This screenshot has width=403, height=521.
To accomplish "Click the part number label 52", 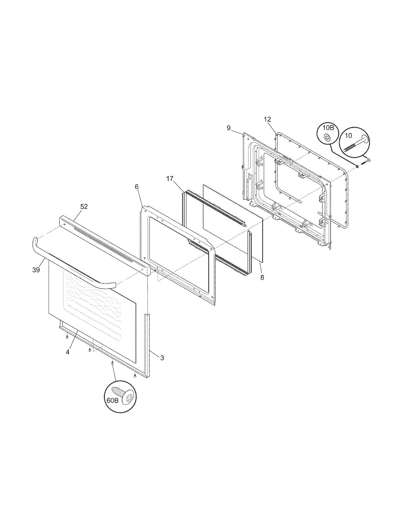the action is [x=84, y=206].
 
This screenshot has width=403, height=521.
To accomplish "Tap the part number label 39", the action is [x=36, y=270].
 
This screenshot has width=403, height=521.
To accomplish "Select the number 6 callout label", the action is [x=137, y=187].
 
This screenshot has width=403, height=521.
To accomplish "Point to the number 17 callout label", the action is [x=170, y=178].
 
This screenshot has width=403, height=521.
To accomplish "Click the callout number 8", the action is [x=262, y=277].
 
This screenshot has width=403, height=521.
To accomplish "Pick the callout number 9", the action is [x=229, y=128].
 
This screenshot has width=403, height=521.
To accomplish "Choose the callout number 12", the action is [x=267, y=119].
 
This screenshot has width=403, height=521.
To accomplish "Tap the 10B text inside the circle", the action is [x=328, y=127].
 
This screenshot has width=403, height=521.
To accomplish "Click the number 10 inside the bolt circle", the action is [x=348, y=136].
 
